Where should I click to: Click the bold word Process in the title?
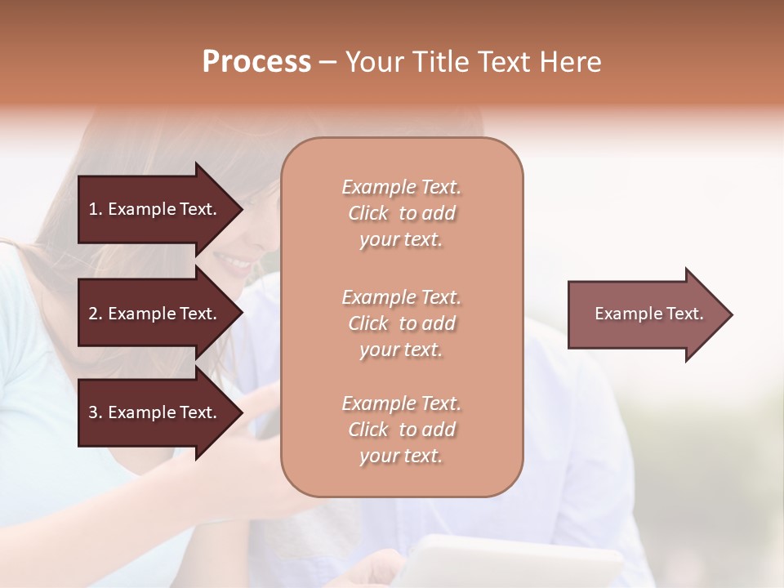click(x=256, y=62)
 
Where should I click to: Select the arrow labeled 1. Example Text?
click(x=155, y=209)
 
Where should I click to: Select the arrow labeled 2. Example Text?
click(x=155, y=314)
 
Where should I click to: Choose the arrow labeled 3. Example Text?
click(x=155, y=412)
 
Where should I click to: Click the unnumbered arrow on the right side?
click(x=645, y=314)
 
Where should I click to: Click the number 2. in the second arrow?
click(x=96, y=314)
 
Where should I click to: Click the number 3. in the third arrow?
click(x=96, y=412)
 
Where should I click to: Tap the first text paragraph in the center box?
click(x=401, y=213)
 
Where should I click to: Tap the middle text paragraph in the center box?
click(x=401, y=323)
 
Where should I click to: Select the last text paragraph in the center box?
click(x=401, y=430)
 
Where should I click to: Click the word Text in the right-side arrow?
click(x=685, y=314)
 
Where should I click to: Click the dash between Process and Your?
click(x=327, y=63)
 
